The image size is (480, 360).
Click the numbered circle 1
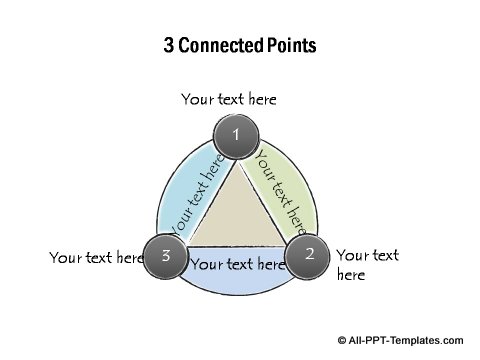pyautogui.click(x=236, y=134)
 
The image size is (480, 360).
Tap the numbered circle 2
pyautogui.click(x=309, y=254)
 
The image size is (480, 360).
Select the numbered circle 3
pyautogui.click(x=166, y=256)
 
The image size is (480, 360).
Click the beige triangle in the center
pyautogui.click(x=237, y=213)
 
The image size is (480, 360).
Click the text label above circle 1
pyautogui.click(x=229, y=99)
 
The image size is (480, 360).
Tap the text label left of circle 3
pyautogui.click(x=97, y=258)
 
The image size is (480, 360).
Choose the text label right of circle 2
pyautogui.click(x=367, y=265)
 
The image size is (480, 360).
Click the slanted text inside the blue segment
pyautogui.click(x=198, y=195)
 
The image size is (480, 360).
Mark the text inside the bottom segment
pyautogui.click(x=238, y=265)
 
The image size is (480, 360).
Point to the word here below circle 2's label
pyautogui.click(x=351, y=275)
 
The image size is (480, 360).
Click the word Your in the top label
pyautogui.click(x=197, y=99)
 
